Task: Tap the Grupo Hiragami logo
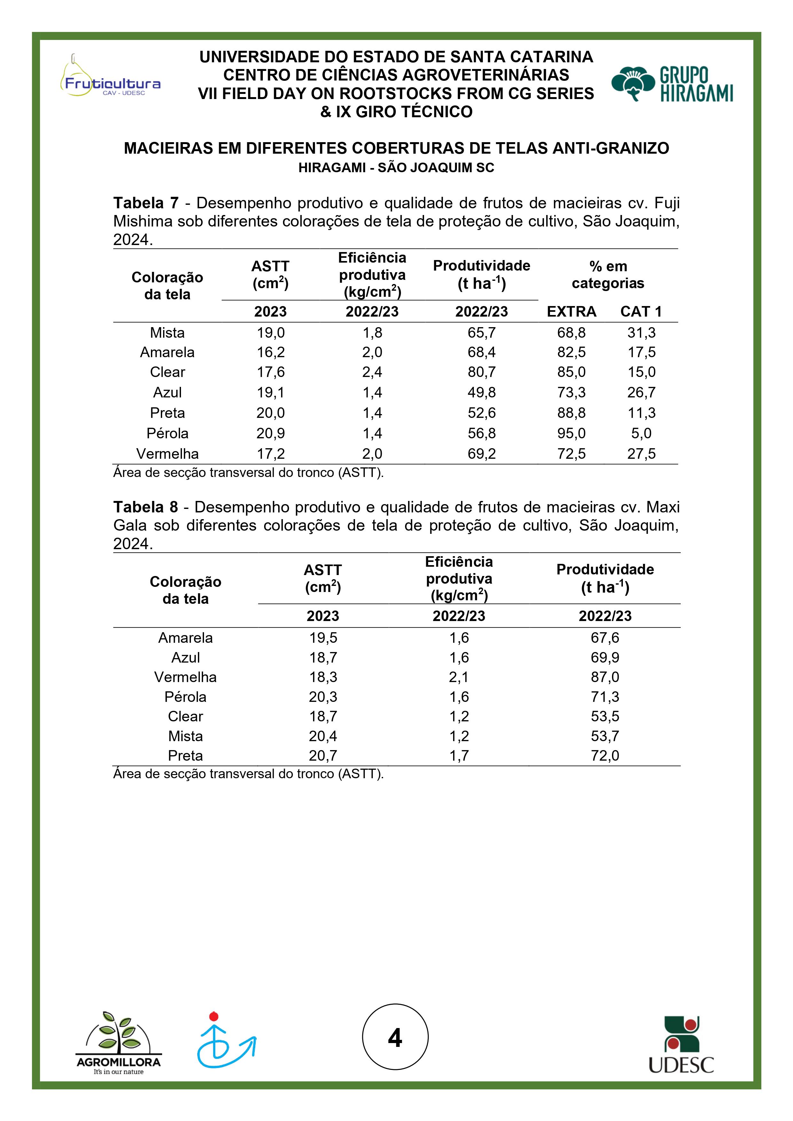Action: pyautogui.click(x=672, y=84)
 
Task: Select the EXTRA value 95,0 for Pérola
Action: pyautogui.click(x=571, y=433)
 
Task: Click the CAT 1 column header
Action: pyautogui.click(x=640, y=311)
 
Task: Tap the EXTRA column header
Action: pyautogui.click(x=571, y=311)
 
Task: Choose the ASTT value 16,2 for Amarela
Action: pyautogui.click(x=271, y=352)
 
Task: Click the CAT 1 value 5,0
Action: pyautogui.click(x=641, y=433)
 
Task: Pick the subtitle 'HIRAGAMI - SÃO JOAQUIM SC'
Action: pyautogui.click(x=396, y=167)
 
